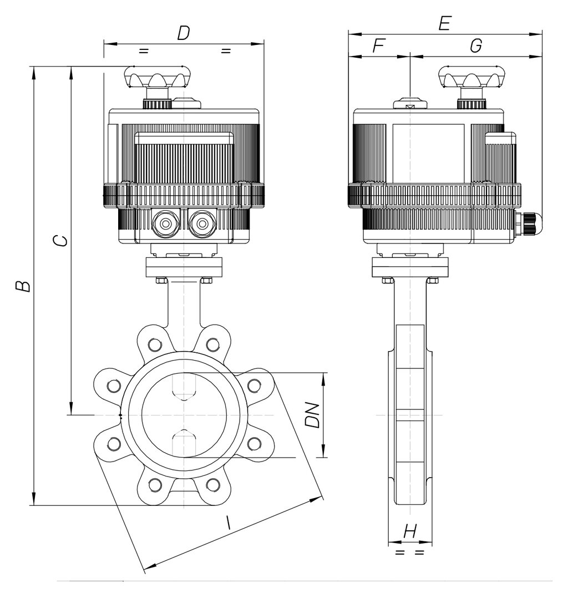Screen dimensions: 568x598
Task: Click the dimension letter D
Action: pyautogui.click(x=184, y=33)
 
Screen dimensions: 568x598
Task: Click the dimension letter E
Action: pyautogui.click(x=445, y=24)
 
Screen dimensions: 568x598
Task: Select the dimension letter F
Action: pyautogui.click(x=378, y=45)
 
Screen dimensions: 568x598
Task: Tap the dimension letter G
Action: pyautogui.click(x=476, y=45)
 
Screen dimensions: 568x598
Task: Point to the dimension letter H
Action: pyautogui.click(x=410, y=531)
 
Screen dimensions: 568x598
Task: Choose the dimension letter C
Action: pyautogui.click(x=60, y=241)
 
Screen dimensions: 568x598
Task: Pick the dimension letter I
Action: pyautogui.click(x=228, y=523)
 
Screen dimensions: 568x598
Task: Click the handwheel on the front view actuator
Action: pyautogui.click(x=158, y=78)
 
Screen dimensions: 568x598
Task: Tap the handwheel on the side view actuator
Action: pyautogui.click(x=471, y=78)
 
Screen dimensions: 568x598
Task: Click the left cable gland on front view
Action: pyautogui.click(x=165, y=224)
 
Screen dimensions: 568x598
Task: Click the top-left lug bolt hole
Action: pyautogui.click(x=155, y=344)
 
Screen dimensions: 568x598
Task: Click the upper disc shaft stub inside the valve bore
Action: pyautogui.click(x=184, y=387)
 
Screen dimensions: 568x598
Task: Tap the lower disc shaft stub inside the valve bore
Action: pyautogui.click(x=184, y=443)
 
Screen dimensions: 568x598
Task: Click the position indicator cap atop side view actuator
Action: pyautogui.click(x=410, y=103)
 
